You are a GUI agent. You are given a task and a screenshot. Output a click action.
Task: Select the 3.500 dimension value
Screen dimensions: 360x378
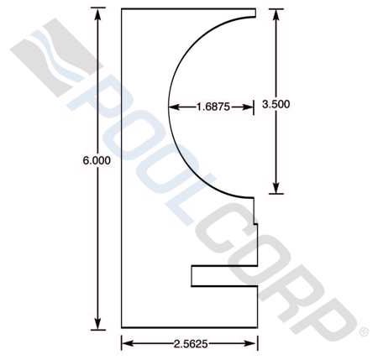(276, 105)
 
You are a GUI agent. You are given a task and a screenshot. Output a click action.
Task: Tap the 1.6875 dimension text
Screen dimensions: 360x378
(211, 107)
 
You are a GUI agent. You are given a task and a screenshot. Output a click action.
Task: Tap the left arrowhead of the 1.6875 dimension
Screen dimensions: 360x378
(173, 107)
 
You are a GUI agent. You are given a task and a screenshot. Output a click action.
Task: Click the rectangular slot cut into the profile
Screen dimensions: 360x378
(223, 276)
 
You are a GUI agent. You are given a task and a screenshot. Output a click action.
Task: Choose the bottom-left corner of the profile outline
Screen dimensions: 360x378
(123, 327)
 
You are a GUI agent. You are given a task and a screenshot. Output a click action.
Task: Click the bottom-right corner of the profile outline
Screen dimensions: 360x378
(256, 327)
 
